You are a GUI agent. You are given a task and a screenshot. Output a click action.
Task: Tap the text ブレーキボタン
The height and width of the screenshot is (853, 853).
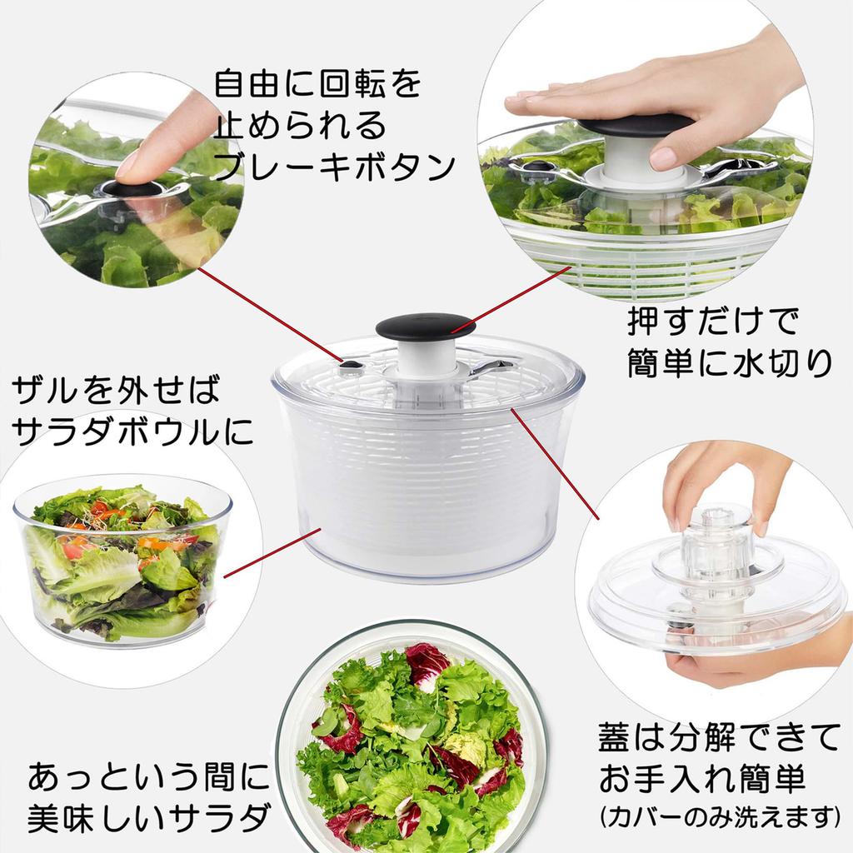[333, 165]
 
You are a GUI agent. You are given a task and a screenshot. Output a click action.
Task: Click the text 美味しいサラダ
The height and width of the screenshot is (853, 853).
[150, 816]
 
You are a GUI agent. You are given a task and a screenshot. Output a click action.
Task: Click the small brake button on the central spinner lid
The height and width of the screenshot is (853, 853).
[352, 365]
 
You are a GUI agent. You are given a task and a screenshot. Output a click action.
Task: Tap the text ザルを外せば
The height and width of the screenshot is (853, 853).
[117, 389]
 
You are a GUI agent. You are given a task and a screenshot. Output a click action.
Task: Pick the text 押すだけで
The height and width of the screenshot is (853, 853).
[713, 320]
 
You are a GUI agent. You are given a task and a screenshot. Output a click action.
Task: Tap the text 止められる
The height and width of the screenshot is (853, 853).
[300, 126]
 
